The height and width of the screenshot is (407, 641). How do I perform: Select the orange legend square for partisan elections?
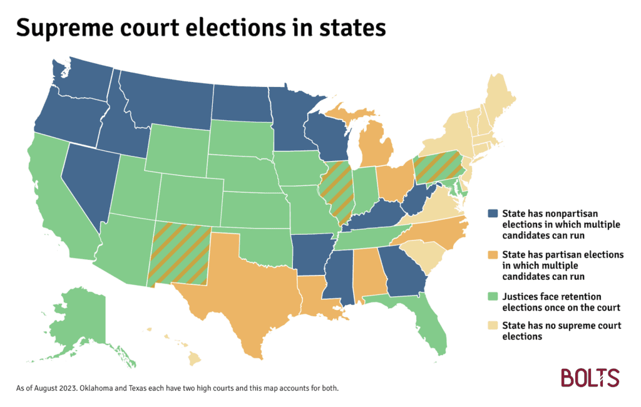(493, 255)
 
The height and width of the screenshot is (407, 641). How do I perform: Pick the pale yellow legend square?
(493, 326)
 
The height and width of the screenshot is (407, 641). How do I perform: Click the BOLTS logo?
(590, 378)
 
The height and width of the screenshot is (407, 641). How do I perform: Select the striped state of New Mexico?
(182, 254)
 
